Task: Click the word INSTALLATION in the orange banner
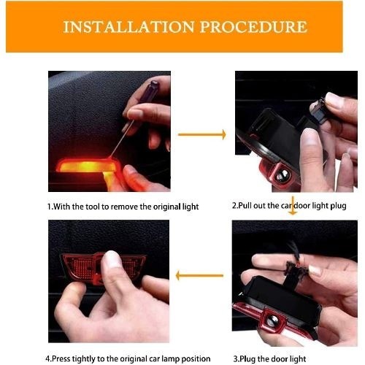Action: (128, 27)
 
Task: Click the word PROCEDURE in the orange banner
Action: (253, 27)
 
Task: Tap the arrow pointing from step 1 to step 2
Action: (202, 134)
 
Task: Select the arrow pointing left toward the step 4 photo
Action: (199, 276)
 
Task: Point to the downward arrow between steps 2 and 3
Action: (293, 206)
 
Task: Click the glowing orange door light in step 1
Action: (86, 166)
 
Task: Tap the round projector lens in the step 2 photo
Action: (283, 176)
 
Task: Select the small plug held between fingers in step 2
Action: (319, 111)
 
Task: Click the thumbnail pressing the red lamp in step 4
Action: (112, 258)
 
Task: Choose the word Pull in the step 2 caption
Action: (245, 206)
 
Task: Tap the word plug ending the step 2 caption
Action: (338, 207)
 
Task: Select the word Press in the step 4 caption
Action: (61, 359)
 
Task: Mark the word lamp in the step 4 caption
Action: (170, 359)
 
